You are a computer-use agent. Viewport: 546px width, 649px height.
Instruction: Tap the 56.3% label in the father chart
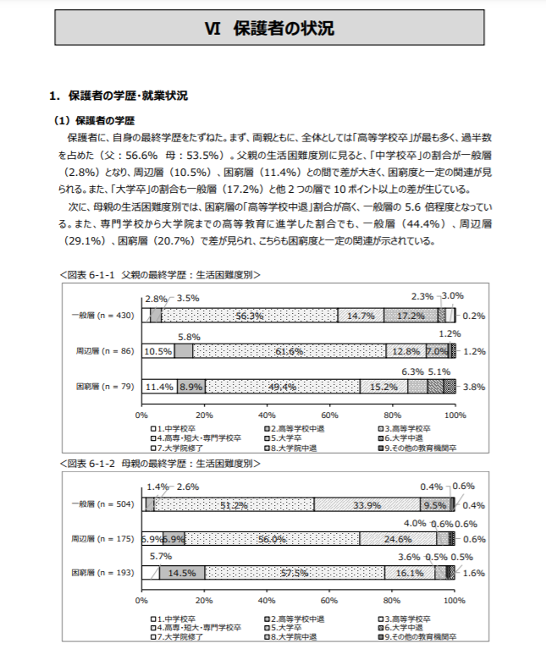251,316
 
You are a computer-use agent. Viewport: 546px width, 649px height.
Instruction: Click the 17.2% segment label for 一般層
411,316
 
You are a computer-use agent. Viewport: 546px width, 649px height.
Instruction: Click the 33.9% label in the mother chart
367,505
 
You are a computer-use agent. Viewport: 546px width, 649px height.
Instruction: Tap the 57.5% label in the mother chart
294,573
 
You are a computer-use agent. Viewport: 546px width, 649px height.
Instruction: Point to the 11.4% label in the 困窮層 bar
159,387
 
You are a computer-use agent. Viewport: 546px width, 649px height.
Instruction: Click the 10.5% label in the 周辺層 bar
157,351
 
